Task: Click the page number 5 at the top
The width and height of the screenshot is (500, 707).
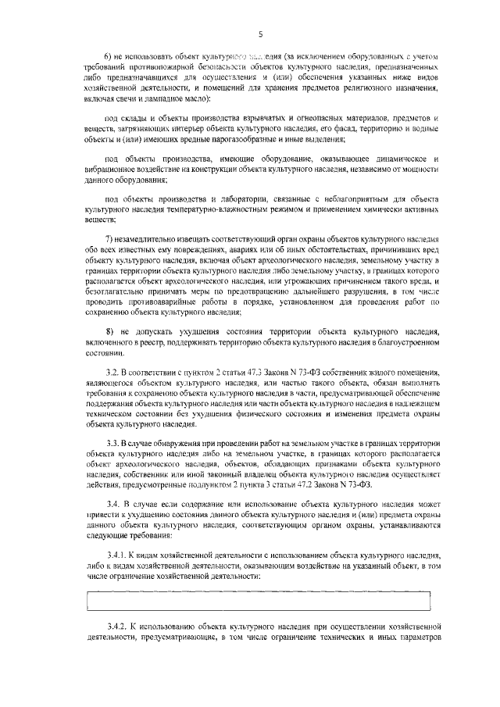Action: point(260,34)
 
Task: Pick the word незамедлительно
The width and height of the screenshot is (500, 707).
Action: point(152,237)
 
